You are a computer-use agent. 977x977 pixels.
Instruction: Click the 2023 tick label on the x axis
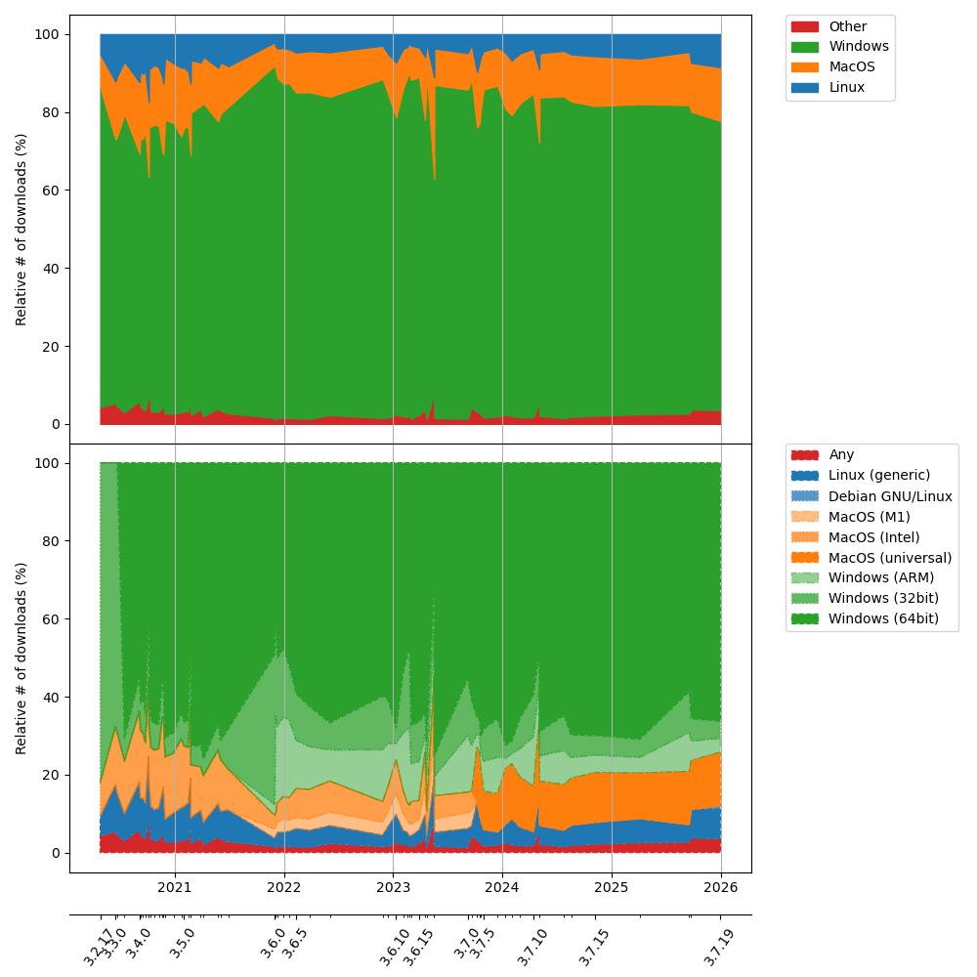(x=393, y=887)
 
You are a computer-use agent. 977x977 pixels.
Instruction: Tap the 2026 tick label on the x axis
(x=721, y=887)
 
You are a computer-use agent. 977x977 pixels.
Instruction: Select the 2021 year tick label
(x=175, y=887)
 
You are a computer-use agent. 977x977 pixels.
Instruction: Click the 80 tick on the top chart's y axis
(x=47, y=112)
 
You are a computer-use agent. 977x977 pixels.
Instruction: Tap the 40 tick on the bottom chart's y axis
(x=47, y=697)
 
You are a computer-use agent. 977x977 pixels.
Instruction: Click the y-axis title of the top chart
(x=21, y=229)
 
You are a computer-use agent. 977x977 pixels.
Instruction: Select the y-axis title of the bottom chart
(x=21, y=658)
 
